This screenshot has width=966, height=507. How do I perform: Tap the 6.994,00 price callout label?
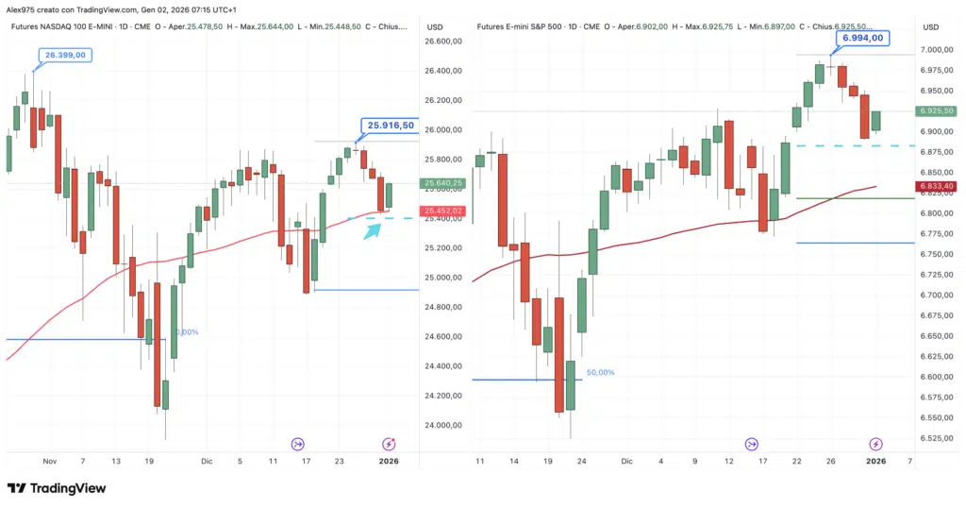tap(862, 38)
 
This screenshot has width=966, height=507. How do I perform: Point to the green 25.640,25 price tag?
tap(441, 183)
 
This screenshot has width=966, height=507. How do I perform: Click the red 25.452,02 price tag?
tap(441, 211)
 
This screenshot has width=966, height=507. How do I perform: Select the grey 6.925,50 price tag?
tap(936, 110)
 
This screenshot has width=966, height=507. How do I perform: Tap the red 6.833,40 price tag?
tap(936, 186)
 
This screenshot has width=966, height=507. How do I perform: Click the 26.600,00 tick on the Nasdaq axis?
tap(442, 42)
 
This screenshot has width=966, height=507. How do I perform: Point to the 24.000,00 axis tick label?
tap(442, 426)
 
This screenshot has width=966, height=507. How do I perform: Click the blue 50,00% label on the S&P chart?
tap(600, 373)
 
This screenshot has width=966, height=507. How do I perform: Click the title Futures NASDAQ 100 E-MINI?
tap(73, 26)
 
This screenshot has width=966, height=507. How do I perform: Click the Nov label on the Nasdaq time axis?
tap(49, 461)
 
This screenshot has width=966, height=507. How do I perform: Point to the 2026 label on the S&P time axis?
tap(875, 461)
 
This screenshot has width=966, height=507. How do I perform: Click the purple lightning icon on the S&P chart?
tap(875, 444)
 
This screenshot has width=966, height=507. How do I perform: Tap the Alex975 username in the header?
tap(22, 8)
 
